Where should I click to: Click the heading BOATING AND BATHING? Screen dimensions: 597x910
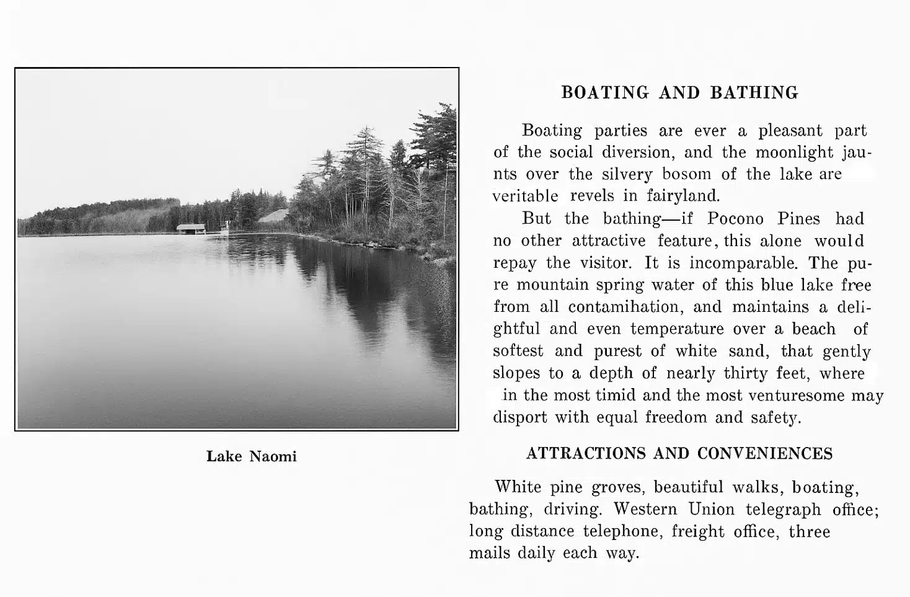679,93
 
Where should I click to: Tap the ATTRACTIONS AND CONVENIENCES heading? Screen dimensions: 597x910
679,454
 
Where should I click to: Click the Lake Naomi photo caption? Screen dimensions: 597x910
251,457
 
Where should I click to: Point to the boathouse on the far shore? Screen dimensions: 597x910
191,229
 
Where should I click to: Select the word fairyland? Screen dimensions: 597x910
683,197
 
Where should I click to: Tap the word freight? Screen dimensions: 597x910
697,531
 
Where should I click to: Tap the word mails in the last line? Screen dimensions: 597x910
490,553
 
